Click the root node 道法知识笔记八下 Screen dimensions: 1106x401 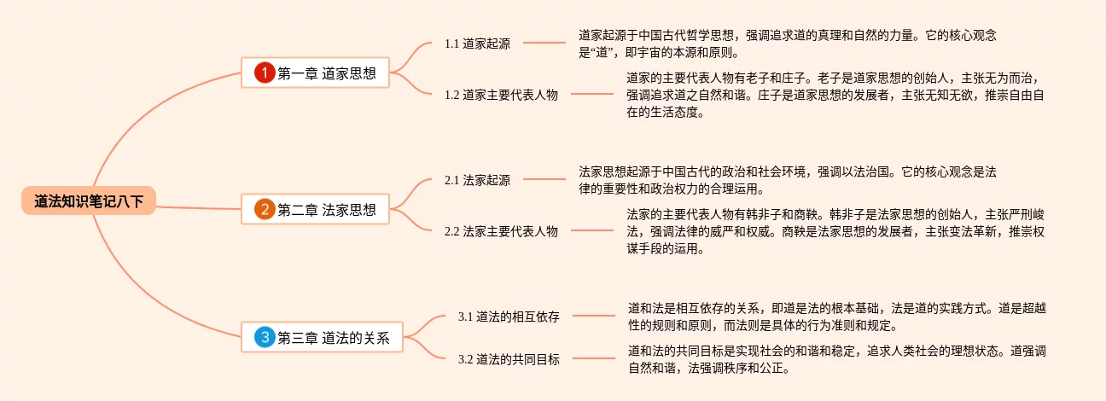pyautogui.click(x=89, y=201)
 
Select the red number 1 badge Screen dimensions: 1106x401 pyautogui.click(x=265, y=73)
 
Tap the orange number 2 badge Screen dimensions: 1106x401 pyautogui.click(x=265, y=209)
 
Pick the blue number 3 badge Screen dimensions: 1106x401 pyautogui.click(x=265, y=338)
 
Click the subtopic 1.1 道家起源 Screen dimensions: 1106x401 pyautogui.click(x=477, y=43)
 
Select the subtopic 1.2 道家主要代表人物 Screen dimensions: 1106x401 pyautogui.click(x=501, y=95)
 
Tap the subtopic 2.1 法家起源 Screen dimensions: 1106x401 pyautogui.click(x=477, y=180)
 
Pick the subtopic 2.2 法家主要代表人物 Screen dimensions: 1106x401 pyautogui.click(x=501, y=231)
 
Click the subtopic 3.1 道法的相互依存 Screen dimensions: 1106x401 pyautogui.click(x=509, y=317)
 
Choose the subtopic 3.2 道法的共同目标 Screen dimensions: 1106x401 pyautogui.click(x=509, y=359)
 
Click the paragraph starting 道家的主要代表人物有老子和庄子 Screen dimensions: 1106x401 pyautogui.click(x=835, y=95)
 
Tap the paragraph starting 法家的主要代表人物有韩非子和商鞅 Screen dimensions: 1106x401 pyautogui.click(x=835, y=231)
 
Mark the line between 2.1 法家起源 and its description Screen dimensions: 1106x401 pyautogui.click(x=544, y=179)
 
